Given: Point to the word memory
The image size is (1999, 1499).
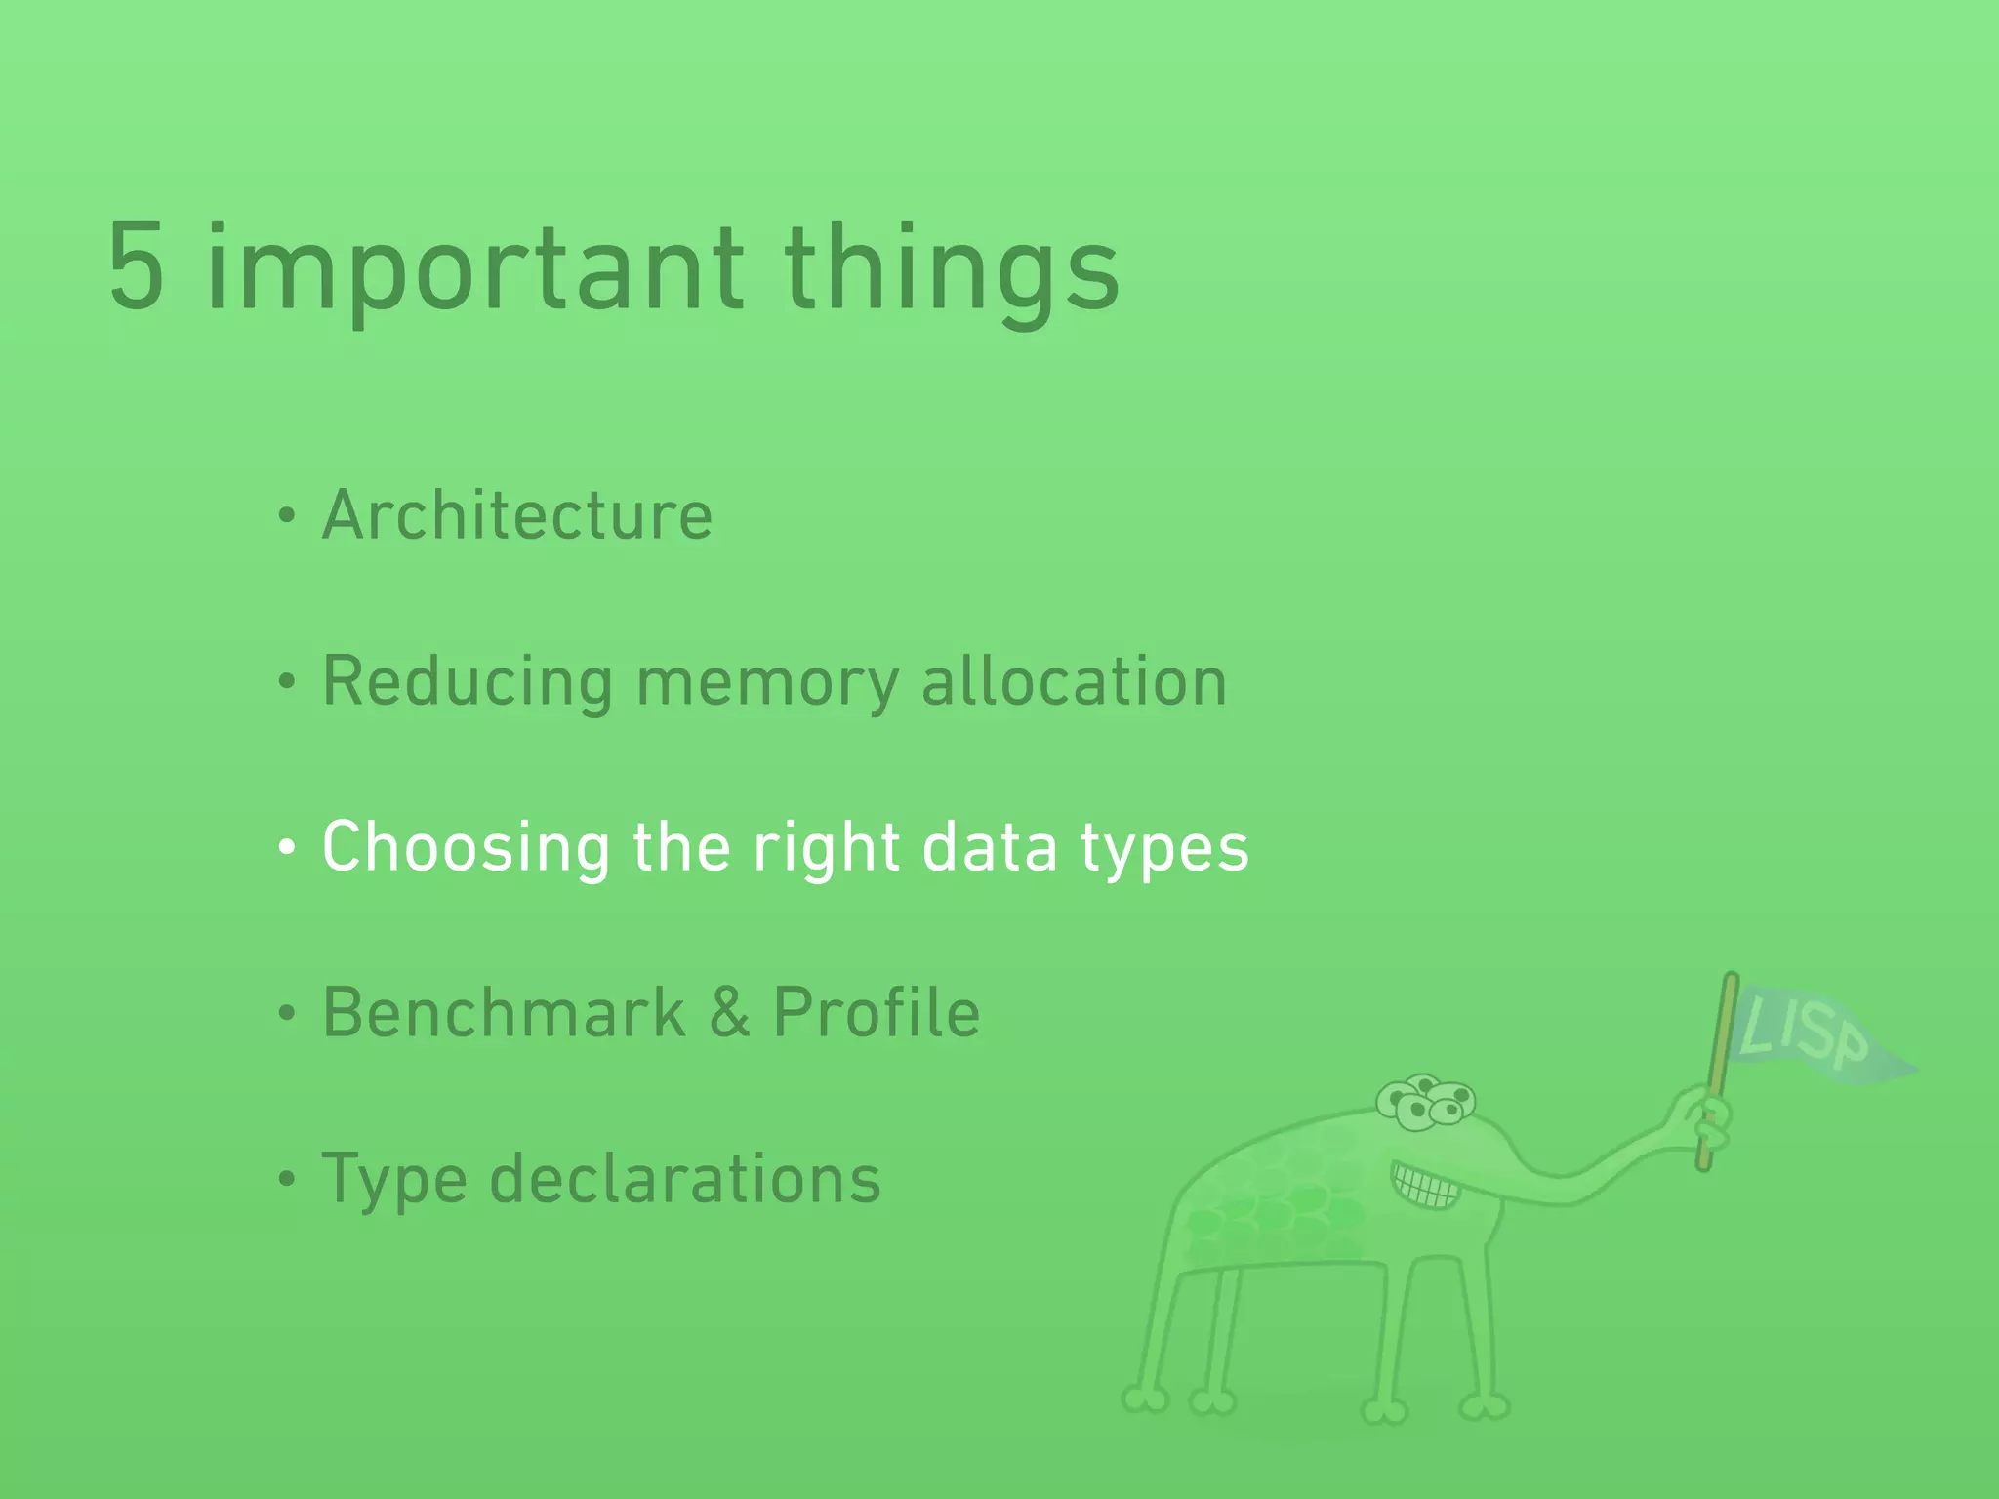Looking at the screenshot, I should point(767,683).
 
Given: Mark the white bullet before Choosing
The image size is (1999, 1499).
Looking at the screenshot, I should point(286,847).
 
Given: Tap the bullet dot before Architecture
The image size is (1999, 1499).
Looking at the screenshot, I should point(286,515).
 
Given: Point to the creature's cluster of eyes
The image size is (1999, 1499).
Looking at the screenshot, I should point(1426,1103).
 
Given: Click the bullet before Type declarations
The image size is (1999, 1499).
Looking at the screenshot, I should point(286,1179).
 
